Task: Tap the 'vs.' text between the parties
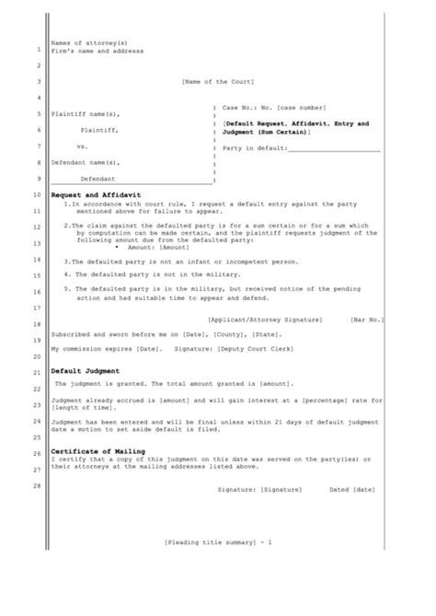tap(82, 146)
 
